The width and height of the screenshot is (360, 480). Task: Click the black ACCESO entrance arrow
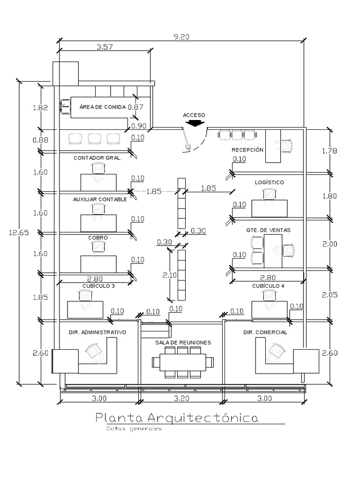point(194,123)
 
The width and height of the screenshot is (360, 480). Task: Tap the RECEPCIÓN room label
point(247,150)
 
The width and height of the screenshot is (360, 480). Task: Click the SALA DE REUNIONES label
point(183,343)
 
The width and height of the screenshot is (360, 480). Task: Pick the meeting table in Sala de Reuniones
point(182,362)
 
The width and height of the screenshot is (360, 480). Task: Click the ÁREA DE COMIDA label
point(102,107)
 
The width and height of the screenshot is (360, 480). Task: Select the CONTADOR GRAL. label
point(97,158)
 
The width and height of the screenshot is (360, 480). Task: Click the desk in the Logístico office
point(269,209)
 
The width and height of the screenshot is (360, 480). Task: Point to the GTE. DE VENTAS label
point(268,230)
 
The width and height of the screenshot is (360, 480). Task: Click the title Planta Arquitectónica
point(176,417)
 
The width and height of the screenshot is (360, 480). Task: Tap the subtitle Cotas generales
point(134,428)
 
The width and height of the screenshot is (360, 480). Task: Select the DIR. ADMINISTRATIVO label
point(97,332)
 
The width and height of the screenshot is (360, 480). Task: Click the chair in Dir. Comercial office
point(276,351)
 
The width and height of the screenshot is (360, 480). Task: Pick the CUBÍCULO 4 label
point(268,286)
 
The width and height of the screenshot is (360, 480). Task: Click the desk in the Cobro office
point(98,264)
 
